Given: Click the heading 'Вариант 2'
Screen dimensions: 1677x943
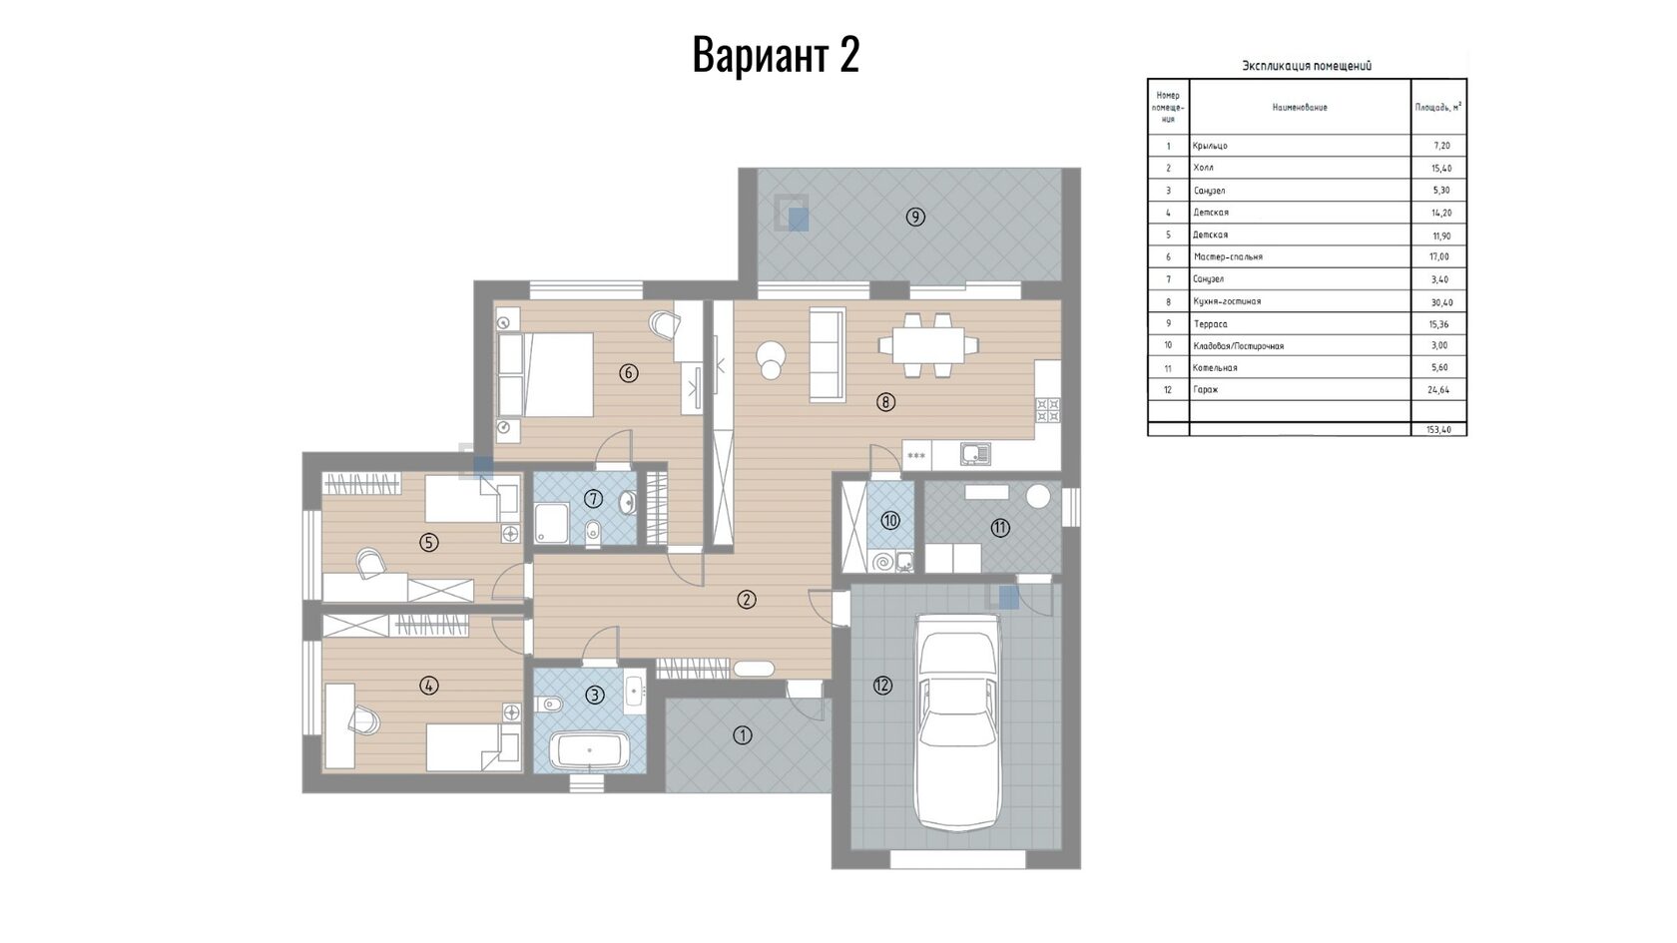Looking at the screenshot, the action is click(776, 55).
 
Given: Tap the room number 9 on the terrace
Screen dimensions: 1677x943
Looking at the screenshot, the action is click(914, 218).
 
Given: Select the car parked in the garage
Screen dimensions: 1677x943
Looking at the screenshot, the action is click(959, 722).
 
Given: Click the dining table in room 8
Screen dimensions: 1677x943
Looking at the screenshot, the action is click(927, 345).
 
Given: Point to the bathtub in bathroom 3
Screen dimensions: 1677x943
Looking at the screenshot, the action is click(590, 750).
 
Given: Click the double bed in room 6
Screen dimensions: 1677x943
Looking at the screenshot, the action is click(546, 374).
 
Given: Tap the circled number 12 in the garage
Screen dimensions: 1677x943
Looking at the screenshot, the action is click(882, 685).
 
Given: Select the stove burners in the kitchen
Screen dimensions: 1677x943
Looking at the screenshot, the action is click(1047, 410).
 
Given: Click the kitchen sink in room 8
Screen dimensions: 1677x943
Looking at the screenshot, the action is click(975, 453).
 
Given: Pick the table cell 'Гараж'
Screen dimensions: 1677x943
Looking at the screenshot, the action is click(1206, 390).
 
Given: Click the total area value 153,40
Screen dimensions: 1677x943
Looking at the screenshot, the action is click(1439, 429).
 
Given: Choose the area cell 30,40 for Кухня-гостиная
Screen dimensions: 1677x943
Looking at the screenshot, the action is click(1440, 302).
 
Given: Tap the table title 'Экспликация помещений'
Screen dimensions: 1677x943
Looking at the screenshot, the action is click(1307, 66).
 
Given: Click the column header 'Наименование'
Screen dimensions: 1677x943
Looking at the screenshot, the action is click(1300, 107).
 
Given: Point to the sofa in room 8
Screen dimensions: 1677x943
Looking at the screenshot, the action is click(828, 355).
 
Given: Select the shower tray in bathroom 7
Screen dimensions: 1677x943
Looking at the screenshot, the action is click(552, 523).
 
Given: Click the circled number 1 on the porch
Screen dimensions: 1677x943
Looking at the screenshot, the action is click(742, 735).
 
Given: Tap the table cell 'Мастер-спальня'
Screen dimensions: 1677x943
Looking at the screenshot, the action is click(1228, 256).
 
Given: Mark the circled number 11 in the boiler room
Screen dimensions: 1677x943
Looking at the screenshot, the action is click(1000, 529).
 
